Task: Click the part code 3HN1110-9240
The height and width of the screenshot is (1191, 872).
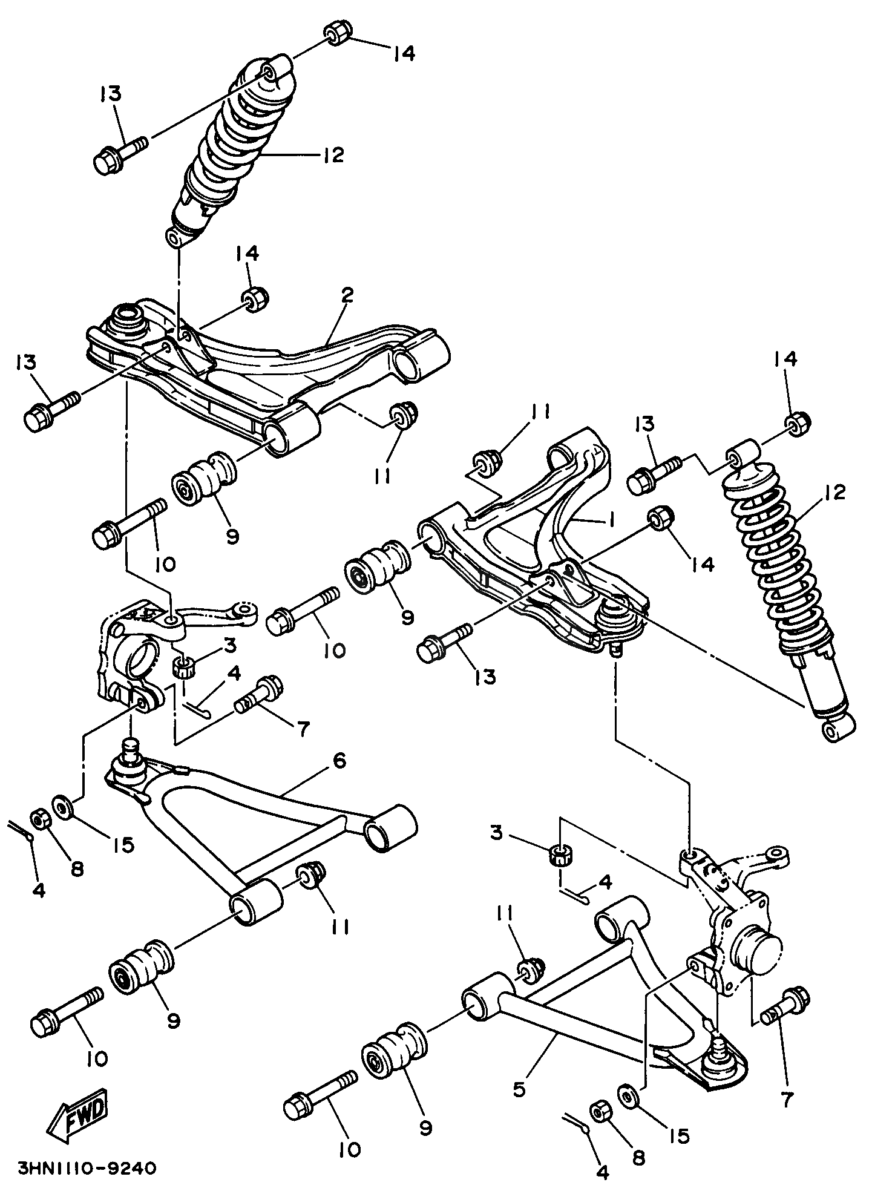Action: (87, 1166)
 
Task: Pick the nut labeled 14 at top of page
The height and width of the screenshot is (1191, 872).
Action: (335, 33)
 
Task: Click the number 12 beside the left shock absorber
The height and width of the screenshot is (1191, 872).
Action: (333, 155)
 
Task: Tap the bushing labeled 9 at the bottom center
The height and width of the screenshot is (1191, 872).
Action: (395, 1057)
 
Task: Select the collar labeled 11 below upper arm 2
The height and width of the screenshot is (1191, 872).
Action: (404, 414)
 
